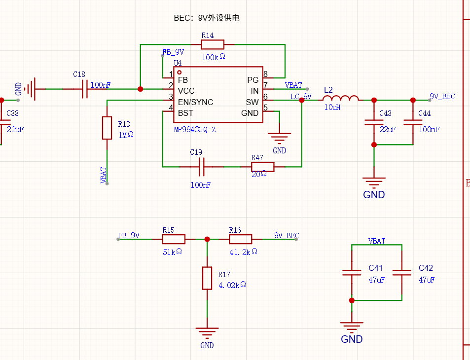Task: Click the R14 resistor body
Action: pos(213,44)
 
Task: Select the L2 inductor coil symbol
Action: pos(340,98)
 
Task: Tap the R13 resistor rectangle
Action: pos(107,128)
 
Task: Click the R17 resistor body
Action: pos(207,278)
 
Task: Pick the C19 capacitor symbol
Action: pos(202,167)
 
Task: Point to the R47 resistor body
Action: pos(262,167)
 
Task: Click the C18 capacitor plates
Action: pos(85,89)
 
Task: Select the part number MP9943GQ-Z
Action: pos(195,130)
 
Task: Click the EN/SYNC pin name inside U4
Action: pos(195,102)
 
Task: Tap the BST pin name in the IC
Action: pos(185,113)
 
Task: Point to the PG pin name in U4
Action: pos(253,80)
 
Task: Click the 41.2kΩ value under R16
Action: pos(244,252)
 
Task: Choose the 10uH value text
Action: pos(332,108)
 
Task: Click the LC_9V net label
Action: pos(301,96)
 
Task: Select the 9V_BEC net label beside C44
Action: pos(442,96)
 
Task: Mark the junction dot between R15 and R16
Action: pos(207,239)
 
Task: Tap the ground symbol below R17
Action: pos(207,332)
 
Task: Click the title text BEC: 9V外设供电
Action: pos(207,18)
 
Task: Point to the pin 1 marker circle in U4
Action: pos(179,72)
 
